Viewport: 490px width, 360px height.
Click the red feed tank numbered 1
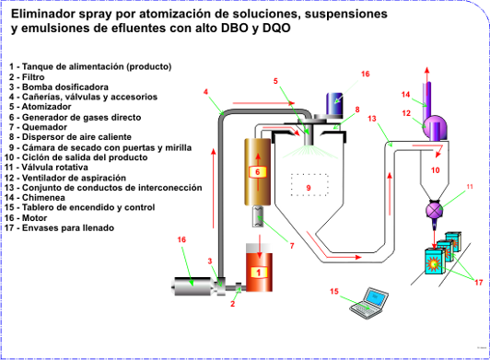[259, 268]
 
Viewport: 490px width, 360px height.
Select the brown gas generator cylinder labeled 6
[258, 172]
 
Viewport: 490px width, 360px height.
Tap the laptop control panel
[369, 303]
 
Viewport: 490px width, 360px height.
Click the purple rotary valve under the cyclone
[435, 210]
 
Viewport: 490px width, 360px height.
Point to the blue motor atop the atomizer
[334, 103]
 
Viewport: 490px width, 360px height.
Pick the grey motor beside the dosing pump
[193, 286]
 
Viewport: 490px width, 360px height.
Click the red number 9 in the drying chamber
[309, 188]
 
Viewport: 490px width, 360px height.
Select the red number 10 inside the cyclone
[436, 170]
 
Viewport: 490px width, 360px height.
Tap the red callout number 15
[334, 291]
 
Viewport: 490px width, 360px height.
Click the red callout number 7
[292, 246]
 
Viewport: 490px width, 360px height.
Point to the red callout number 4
[205, 92]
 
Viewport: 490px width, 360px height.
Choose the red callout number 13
[372, 119]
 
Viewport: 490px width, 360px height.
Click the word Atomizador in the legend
[47, 107]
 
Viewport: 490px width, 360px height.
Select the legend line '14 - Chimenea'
[35, 198]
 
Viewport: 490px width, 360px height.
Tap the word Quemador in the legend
[44, 127]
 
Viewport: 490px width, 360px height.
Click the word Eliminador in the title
[43, 14]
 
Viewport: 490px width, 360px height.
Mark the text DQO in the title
[276, 28]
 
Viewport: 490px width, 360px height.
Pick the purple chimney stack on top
[427, 101]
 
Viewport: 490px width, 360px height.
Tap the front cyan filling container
[435, 261]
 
